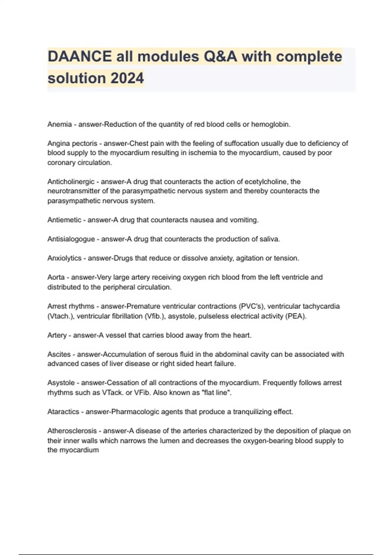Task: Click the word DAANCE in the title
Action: [79, 56]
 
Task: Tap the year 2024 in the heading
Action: [127, 78]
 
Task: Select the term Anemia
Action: [59, 124]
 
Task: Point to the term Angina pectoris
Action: [72, 143]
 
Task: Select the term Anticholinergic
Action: [71, 182]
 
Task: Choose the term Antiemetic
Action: [64, 220]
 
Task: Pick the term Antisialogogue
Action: [71, 239]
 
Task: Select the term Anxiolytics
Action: [64, 258]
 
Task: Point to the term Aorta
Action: [56, 277]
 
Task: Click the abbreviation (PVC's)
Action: [252, 306]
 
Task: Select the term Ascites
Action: [59, 354]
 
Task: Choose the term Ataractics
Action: [63, 412]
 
